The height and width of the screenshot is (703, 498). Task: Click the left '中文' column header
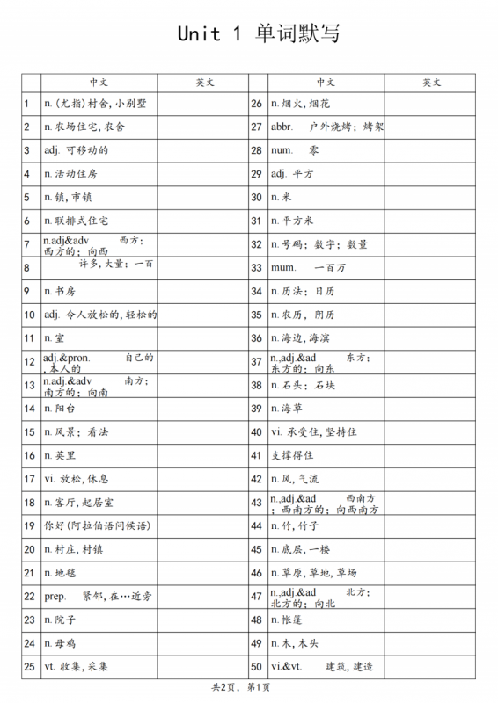[99, 82]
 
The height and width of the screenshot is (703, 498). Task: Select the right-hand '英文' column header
[431, 82]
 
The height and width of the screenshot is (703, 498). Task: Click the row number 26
[257, 104]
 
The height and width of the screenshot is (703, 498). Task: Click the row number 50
[257, 667]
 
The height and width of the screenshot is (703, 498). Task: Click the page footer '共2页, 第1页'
[241, 686]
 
